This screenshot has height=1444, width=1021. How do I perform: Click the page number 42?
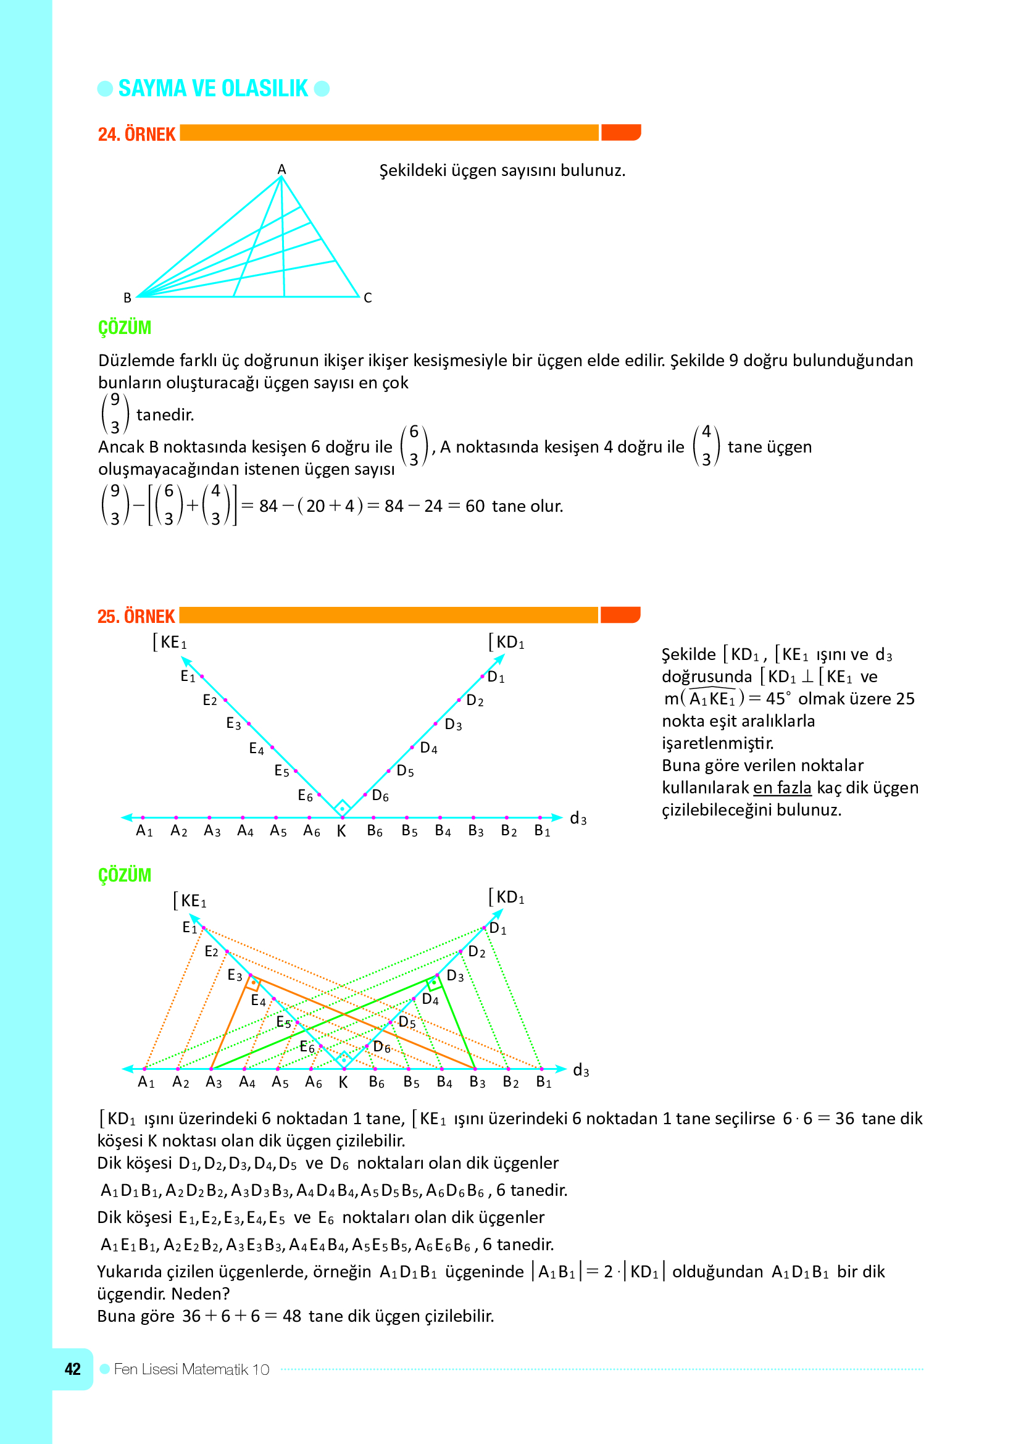72,1369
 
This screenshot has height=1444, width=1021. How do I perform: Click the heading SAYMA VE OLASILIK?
213,89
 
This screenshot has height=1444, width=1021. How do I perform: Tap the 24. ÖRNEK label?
136,134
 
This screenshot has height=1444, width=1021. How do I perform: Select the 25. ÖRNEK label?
136,616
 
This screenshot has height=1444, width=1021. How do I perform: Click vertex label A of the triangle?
281,169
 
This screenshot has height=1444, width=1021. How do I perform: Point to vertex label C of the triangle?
368,298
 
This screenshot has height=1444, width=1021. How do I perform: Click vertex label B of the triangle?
127,298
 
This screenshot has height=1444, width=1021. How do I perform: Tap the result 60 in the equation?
475,506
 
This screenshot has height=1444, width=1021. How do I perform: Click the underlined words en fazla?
782,787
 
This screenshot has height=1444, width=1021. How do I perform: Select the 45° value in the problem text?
778,699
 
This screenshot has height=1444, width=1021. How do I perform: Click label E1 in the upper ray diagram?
188,677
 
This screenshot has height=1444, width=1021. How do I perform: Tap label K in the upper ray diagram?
341,832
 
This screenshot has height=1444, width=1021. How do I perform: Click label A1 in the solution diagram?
146,1082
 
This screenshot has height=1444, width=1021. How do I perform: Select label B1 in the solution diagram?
544,1082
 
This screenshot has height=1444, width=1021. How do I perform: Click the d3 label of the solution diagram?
581,1070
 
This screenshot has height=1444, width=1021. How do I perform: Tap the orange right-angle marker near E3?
252,983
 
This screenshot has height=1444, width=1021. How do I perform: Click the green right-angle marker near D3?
433,983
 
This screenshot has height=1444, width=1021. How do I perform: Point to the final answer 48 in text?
292,1316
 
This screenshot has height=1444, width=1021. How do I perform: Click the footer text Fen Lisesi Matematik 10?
192,1369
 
